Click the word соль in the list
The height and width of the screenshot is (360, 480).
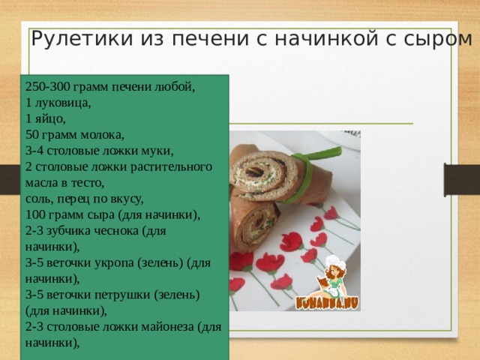click(37, 199)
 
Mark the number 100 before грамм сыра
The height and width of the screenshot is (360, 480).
click(34, 215)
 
